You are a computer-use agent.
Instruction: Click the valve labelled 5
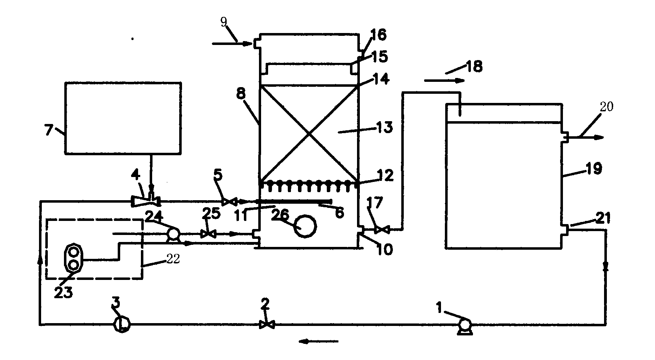[x=230, y=202]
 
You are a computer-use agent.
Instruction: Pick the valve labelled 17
[x=382, y=230]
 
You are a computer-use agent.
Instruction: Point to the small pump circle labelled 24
[x=173, y=234]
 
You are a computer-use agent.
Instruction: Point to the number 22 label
[x=172, y=259]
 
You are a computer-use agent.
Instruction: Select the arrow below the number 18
[x=445, y=80]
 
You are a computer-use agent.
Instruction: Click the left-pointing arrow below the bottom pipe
[x=318, y=341]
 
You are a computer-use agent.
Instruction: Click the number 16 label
[x=378, y=35]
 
